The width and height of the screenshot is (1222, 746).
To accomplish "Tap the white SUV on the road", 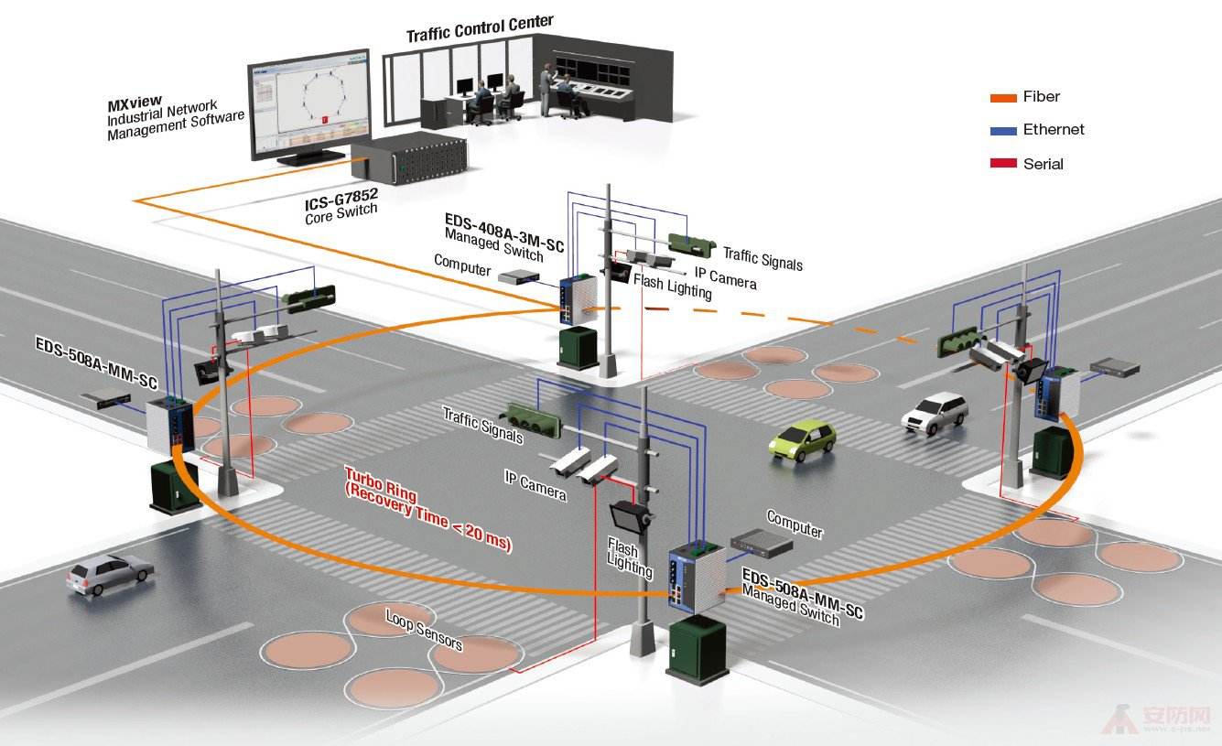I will click(935, 411).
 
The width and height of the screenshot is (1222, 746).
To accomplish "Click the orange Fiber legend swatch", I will click(1003, 97).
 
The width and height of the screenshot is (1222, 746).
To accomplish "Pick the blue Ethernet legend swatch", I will click(1003, 131).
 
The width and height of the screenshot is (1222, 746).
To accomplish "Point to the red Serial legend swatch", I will click(1003, 164).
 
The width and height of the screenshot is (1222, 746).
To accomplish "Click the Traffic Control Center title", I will click(480, 27).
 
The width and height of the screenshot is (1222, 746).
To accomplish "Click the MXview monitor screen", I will click(309, 103).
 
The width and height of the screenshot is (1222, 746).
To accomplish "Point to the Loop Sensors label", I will click(424, 630).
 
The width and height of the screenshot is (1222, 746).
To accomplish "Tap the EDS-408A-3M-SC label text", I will click(503, 232).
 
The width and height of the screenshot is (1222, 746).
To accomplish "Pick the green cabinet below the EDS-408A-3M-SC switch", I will click(579, 348).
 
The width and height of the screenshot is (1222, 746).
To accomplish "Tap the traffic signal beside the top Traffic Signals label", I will click(690, 243).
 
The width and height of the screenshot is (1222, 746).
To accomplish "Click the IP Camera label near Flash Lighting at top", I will click(725, 277).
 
